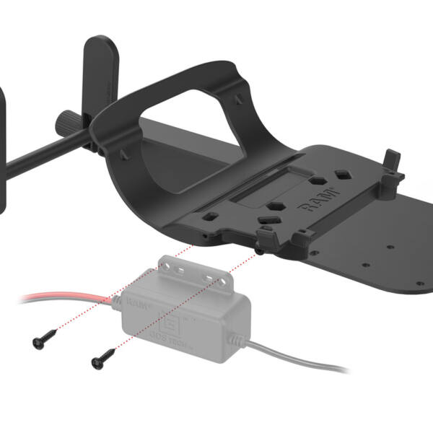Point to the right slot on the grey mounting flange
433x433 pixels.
(210, 278)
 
